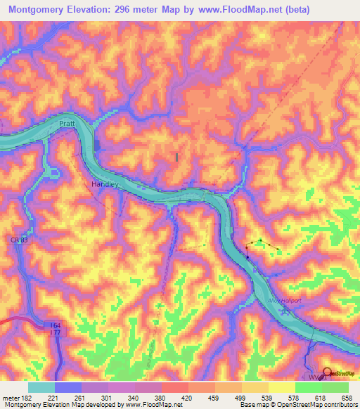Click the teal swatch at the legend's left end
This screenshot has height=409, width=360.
click(41, 387)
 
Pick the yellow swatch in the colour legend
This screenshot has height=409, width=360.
click(282, 387)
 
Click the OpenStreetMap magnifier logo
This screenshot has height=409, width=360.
click(326, 372)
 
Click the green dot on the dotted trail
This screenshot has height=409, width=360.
click(261, 240)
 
